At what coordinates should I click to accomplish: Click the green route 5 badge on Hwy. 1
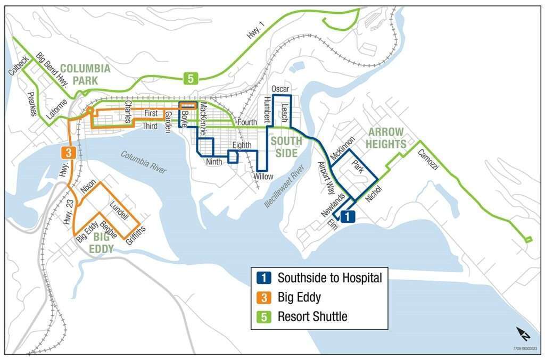(191, 79)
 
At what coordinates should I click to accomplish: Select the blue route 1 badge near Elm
(346, 216)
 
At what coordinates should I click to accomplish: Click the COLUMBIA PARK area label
(85, 74)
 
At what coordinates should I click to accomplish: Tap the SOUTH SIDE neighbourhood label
(286, 146)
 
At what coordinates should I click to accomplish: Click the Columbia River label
(144, 163)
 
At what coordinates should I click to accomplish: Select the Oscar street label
(279, 88)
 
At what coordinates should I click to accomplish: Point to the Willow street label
(263, 177)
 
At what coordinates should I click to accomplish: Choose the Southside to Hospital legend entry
(329, 278)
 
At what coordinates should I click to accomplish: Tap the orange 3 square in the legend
(264, 297)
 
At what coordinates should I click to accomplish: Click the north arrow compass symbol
(523, 334)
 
